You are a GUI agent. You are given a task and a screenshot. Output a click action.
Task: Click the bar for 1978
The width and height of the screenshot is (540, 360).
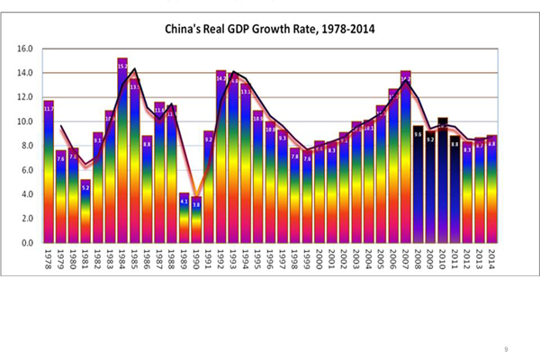pos(49,171)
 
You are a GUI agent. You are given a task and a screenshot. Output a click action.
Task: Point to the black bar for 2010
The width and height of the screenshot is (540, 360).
pos(443,180)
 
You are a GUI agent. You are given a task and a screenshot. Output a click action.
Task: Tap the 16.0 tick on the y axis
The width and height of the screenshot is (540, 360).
pos(25,49)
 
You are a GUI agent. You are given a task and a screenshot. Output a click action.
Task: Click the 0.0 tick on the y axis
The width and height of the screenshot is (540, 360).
pos(25,243)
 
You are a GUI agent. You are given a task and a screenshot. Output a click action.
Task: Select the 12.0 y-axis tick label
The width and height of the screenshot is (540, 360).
pos(25,97)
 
